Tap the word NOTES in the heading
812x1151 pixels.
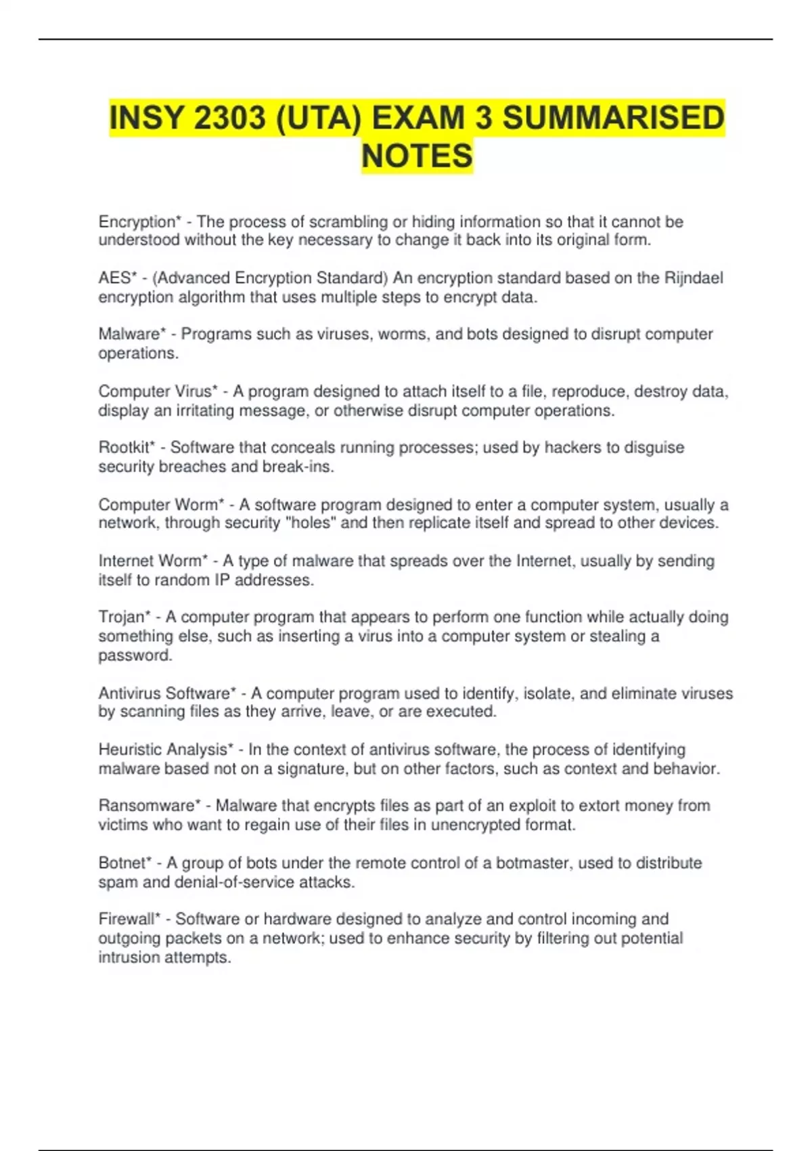pyautogui.click(x=417, y=156)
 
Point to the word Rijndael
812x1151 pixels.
pyautogui.click(x=694, y=278)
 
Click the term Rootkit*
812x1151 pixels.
pyautogui.click(x=127, y=448)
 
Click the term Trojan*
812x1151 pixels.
pyautogui.click(x=125, y=617)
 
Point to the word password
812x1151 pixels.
pyautogui.click(x=135, y=655)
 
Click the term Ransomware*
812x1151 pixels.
pyautogui.click(x=150, y=806)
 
